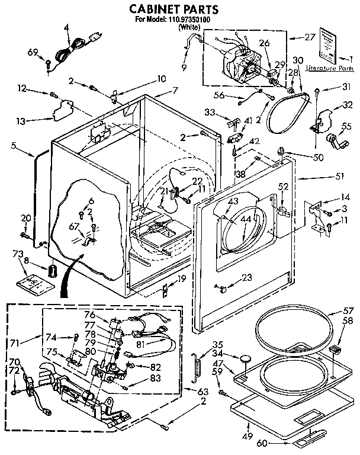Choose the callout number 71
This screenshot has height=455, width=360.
[15, 343]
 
